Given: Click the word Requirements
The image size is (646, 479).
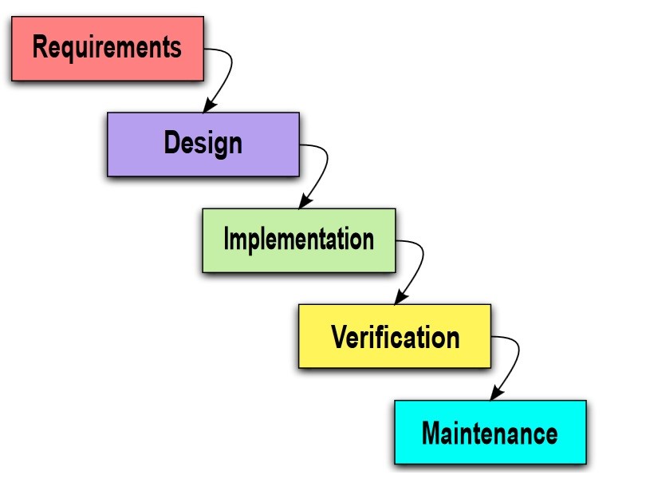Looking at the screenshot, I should pos(107,47).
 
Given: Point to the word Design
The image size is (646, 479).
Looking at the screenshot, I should pos(203,144).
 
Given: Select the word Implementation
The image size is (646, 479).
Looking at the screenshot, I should pos(298,239).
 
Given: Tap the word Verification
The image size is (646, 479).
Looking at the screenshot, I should pos(395,336).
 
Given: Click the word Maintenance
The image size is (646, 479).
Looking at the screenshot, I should pos(490,433).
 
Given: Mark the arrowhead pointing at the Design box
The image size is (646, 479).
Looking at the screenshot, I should pos(209,107).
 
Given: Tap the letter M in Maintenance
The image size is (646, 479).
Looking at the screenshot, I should pos(431,433).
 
